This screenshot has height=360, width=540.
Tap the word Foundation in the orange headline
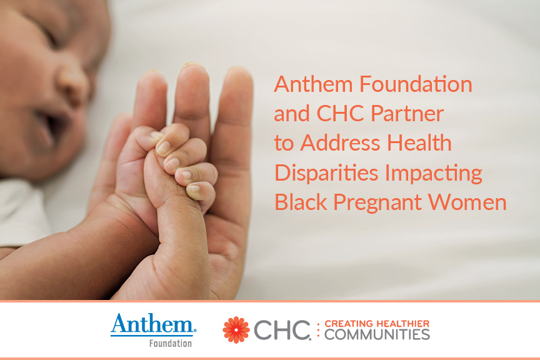click(x=416, y=84)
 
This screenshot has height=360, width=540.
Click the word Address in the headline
click(x=340, y=143)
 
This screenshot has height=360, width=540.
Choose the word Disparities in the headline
click(x=326, y=172)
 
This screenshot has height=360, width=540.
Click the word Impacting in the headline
click(x=434, y=173)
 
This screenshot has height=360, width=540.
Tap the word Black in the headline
click(x=301, y=202)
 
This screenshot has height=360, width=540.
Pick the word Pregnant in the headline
click(x=377, y=203)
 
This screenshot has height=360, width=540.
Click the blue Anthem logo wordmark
click(x=153, y=324)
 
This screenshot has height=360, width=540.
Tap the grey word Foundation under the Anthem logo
click(x=171, y=343)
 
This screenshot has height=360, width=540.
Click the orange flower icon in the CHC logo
click(x=236, y=330)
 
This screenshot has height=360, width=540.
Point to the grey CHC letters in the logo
click(x=282, y=330)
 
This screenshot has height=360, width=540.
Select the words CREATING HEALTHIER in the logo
click(x=377, y=324)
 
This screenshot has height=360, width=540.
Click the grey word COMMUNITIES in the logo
click(x=377, y=334)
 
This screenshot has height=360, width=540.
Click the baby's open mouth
click(x=52, y=126)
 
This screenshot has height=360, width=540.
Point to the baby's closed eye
click(x=52, y=36)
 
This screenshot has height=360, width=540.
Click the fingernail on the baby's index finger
click(x=163, y=147)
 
